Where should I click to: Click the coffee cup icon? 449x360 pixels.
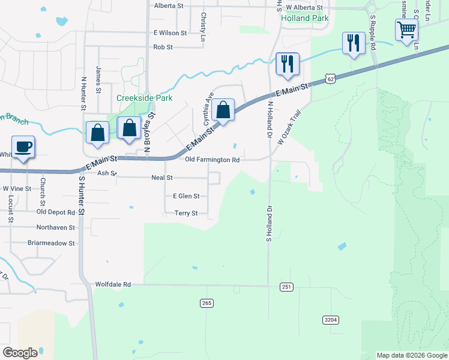coord(23,147)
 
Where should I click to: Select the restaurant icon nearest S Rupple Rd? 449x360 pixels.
coord(353,43)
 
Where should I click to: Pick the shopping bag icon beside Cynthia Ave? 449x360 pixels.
coord(223,110)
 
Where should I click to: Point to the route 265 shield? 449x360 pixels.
coord(207,304)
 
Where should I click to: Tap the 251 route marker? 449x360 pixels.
coord(286,287)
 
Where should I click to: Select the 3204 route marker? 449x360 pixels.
coord(331,320)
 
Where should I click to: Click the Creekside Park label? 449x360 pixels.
coord(144,98)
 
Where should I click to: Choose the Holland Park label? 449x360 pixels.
coord(305,18)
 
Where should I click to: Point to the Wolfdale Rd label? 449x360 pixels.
coord(113,284)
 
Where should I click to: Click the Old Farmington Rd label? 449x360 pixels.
coord(212,160)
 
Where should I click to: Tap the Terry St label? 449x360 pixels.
coord(186,213)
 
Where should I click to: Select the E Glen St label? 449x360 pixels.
coord(186,196)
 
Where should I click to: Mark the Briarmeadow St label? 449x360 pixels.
coord(51,243)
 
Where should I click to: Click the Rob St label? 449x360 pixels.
coord(163,47)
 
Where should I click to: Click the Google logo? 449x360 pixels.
coord(20,353)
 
